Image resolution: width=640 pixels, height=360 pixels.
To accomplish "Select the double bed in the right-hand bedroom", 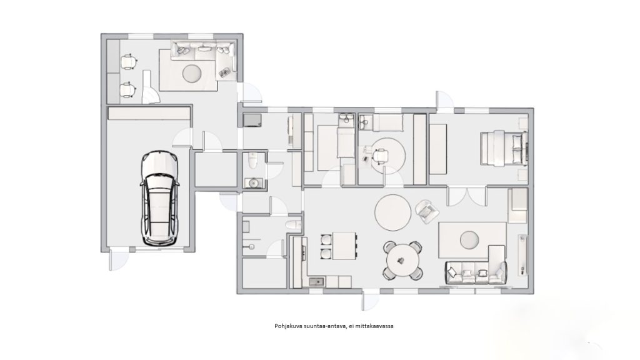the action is coord(504,148).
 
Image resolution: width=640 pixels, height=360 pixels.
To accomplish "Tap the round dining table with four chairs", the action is coord(403,260).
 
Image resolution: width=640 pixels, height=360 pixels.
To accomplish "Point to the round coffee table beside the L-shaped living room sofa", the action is coord(469,239).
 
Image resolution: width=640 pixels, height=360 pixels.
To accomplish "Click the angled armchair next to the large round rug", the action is coord(427,211).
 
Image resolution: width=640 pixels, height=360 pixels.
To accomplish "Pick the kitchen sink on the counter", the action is coord(316,282).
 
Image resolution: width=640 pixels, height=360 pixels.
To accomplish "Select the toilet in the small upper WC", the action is coord(252,161).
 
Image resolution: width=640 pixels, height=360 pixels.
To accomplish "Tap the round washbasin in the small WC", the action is coord(254,183).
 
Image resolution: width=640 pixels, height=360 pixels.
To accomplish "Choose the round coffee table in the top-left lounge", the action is coord(192,74).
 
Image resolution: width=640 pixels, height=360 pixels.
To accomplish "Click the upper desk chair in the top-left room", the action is coord(129,61).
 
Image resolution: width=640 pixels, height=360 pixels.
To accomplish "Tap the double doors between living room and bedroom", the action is coord(467,196).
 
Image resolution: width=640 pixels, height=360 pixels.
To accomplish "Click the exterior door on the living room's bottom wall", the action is coord(371,299).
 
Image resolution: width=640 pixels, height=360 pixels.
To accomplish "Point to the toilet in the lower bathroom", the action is coord(293,224).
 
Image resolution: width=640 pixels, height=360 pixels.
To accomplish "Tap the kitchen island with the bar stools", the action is coord(344,246).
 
